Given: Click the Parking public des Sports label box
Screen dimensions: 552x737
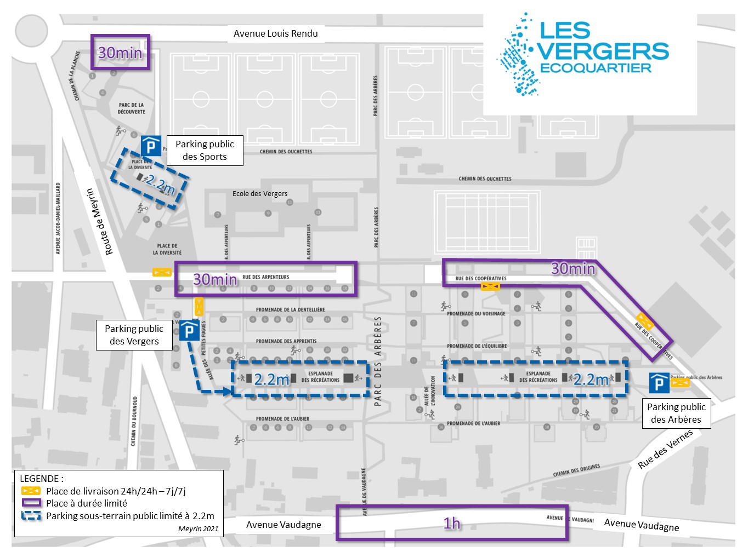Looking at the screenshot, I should [x=205, y=150].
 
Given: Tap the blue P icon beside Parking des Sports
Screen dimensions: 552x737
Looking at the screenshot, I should [x=151, y=146].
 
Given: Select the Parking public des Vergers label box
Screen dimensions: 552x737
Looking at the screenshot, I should [x=134, y=335].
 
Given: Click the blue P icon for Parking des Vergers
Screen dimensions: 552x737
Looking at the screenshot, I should [x=189, y=330].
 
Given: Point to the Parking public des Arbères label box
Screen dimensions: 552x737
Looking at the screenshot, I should [x=676, y=413].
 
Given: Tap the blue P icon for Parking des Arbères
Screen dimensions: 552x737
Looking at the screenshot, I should [x=659, y=383].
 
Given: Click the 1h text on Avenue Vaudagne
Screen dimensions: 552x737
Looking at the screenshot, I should [x=452, y=524].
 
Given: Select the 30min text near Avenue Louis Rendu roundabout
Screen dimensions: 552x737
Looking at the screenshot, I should [x=120, y=53].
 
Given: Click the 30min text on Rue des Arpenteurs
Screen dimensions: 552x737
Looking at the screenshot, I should [x=215, y=279].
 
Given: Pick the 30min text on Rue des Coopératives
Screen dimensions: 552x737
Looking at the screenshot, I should [x=573, y=268].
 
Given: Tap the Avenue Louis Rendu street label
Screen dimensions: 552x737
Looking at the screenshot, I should [x=275, y=33].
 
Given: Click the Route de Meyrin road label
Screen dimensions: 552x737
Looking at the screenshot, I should [x=99, y=221].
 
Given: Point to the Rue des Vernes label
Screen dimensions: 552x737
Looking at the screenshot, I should [x=665, y=450].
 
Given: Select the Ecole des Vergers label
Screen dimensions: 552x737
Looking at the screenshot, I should [x=260, y=193].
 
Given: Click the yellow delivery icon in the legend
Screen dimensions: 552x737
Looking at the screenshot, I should [x=31, y=491].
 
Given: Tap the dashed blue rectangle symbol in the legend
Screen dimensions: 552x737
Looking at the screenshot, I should [x=31, y=515].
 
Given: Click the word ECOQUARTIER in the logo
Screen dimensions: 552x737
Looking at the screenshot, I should [x=596, y=68].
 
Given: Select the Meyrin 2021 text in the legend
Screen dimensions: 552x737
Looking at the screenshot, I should [x=198, y=528].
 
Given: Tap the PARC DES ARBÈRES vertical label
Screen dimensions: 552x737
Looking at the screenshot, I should [x=377, y=361].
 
